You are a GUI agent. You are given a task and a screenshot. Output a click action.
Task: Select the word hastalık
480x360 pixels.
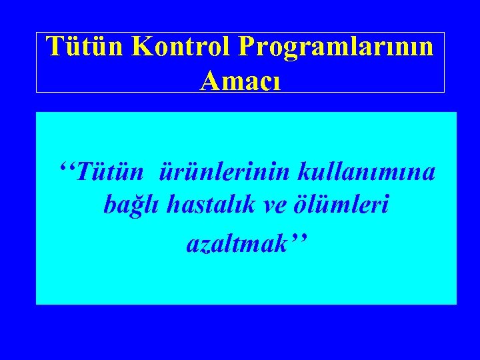(x=202, y=205)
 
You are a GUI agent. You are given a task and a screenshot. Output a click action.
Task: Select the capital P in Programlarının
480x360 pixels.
(x=247, y=47)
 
